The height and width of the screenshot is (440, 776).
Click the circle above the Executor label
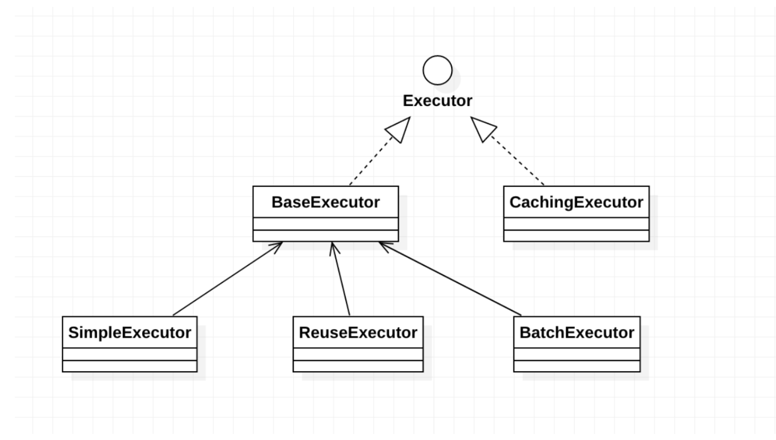438,55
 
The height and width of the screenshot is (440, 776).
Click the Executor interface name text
438,101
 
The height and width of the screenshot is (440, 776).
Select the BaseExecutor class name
326,202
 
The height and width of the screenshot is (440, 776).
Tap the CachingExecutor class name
576,202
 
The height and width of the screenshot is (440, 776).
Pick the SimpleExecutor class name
130,333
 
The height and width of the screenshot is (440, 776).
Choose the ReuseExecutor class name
358,333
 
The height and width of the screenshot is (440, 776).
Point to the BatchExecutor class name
577,333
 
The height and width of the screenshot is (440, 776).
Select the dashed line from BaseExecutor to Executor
371,161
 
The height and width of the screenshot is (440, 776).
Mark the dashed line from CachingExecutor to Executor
518,161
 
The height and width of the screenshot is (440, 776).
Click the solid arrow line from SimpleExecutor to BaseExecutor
227,279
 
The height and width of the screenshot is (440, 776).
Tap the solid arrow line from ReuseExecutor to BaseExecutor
340,279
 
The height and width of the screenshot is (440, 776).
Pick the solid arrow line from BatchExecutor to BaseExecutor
450,279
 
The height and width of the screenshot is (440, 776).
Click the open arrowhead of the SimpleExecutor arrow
277,247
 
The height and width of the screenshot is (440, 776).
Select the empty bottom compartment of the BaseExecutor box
326,236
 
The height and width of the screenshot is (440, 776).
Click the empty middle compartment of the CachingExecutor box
576,224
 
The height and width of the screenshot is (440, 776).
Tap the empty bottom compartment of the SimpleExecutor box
130,366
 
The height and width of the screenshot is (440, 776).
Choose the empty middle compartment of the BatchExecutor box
577,354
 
